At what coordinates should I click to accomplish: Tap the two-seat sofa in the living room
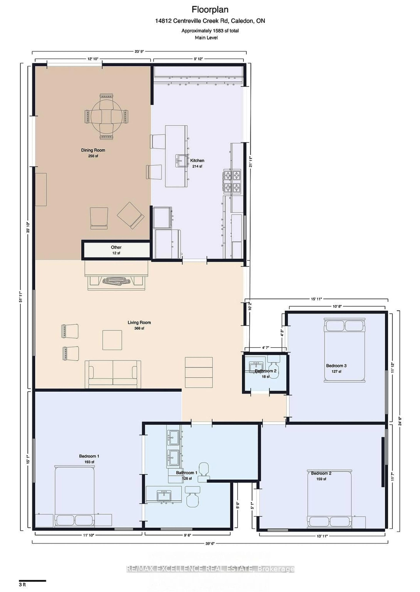pyautogui.click(x=113, y=374)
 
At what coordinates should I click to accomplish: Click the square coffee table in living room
pyautogui.click(x=112, y=340)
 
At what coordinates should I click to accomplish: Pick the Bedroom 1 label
pyautogui.click(x=89, y=456)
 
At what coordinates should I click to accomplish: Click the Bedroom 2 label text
pyautogui.click(x=321, y=473)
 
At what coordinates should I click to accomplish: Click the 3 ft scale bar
pyautogui.click(x=32, y=581)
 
